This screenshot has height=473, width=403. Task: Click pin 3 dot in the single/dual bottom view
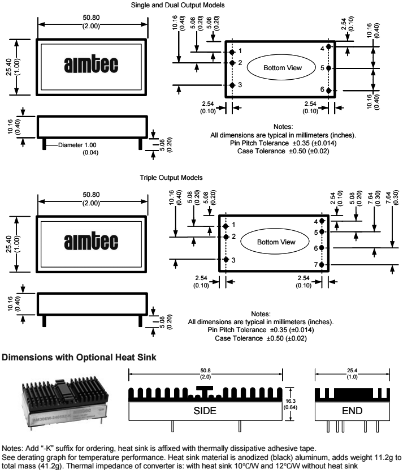(x=232, y=85)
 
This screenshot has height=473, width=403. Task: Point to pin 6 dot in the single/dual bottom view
(x=328, y=91)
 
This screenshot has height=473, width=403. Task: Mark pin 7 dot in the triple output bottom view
(x=322, y=264)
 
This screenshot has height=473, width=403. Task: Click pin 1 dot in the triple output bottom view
(x=226, y=225)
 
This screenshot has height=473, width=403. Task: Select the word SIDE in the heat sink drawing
(x=205, y=411)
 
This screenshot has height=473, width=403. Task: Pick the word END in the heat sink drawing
(x=352, y=411)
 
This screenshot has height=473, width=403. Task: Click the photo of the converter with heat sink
(x=64, y=402)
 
